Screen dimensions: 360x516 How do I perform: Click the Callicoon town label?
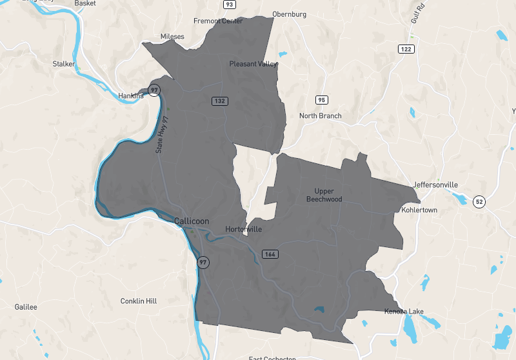[192, 221]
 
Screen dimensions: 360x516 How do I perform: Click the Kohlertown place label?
[419, 210]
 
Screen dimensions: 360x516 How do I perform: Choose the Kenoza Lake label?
[404, 312]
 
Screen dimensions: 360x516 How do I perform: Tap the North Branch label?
[320, 116]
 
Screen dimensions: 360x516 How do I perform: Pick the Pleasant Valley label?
[253, 64]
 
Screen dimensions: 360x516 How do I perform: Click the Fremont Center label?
[218, 21]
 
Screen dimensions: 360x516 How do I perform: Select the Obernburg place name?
[288, 15]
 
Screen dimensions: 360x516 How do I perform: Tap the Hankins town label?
[131, 96]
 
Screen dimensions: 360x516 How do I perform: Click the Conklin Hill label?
[139, 301]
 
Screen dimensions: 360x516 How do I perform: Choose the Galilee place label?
[26, 307]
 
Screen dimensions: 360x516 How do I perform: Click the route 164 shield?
[270, 254]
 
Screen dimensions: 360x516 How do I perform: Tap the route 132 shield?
[220, 101]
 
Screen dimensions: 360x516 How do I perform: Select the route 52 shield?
[479, 201]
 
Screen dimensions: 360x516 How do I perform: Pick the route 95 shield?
[322, 99]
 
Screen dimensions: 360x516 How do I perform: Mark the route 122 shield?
[406, 49]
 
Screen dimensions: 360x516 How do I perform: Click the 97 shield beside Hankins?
[154, 90]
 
